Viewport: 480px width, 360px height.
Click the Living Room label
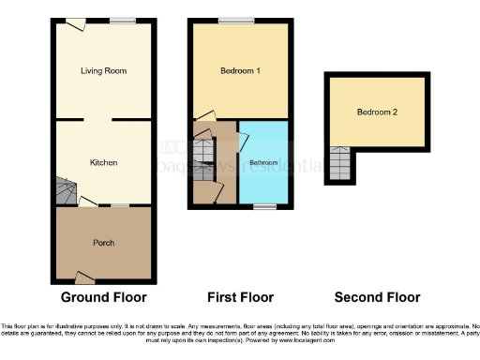103,70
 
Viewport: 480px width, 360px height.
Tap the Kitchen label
103,162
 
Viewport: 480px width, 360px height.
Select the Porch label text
103,243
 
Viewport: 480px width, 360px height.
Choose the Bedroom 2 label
377,112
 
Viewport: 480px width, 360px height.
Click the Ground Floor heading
103,298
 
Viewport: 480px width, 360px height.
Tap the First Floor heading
242,298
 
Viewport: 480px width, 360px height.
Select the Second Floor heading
379,298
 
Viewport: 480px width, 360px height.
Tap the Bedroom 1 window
231,21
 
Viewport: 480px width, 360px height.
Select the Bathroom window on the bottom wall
263,205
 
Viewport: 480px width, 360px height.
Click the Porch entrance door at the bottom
84,277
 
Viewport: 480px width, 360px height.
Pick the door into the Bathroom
243,142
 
